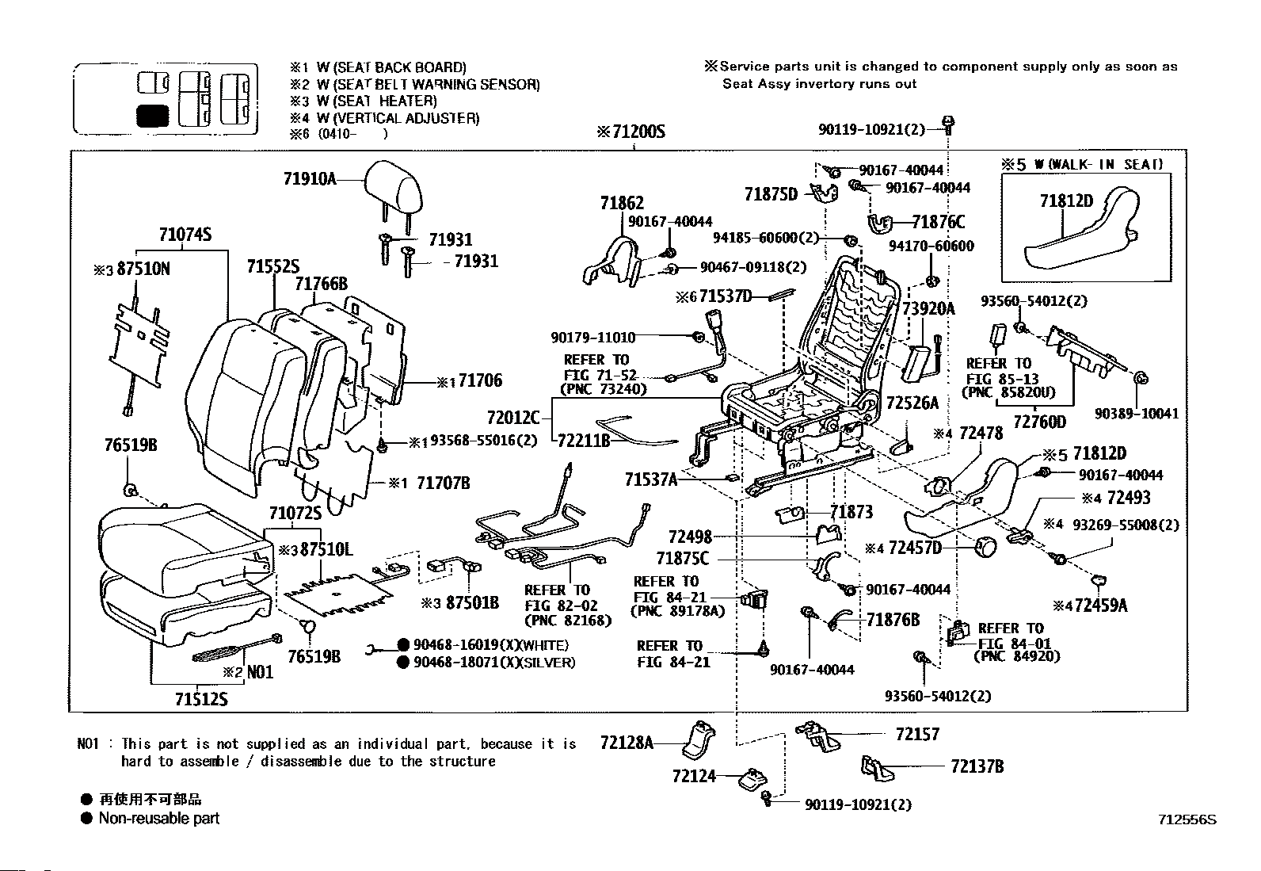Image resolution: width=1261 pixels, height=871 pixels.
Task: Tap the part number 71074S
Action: coord(185,235)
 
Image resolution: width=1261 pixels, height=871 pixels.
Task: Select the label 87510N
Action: coord(143,269)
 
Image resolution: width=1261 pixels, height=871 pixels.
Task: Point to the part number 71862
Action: coord(622,203)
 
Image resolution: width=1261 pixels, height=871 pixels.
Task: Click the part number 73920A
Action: coord(928,309)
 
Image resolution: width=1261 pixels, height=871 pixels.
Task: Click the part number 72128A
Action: coord(627,743)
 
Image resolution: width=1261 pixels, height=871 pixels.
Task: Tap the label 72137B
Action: coord(977,766)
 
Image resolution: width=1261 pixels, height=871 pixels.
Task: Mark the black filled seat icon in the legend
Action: coord(152,116)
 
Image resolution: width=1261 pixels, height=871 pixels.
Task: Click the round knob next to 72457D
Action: coord(986,546)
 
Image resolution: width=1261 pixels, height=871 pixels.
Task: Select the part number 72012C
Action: coord(513,416)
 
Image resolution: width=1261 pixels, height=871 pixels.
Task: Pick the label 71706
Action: coord(480,381)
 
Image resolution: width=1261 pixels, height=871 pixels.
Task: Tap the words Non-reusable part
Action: coord(158,818)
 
